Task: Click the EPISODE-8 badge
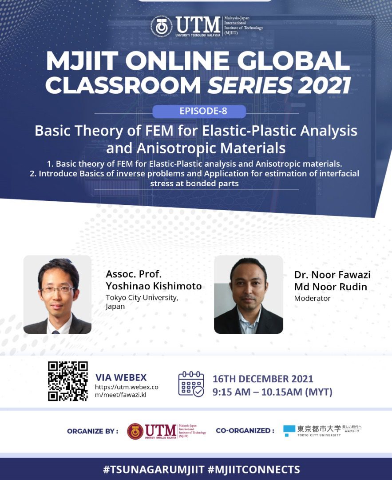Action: [199, 111]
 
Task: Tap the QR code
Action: [68, 381]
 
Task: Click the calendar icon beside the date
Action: [191, 384]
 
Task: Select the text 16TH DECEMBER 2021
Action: [263, 379]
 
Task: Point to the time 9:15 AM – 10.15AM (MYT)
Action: [272, 392]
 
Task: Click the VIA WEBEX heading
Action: [121, 377]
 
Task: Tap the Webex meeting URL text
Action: [127, 391]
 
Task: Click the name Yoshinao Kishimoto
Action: [154, 286]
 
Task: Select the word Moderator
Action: [312, 298]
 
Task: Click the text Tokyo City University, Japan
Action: [142, 302]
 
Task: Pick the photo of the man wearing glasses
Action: [57, 294]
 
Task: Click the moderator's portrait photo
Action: [248, 294]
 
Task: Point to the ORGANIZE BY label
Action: [93, 431]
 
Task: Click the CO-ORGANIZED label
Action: [245, 431]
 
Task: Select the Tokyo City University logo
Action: [322, 430]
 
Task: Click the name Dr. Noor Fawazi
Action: [332, 275]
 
